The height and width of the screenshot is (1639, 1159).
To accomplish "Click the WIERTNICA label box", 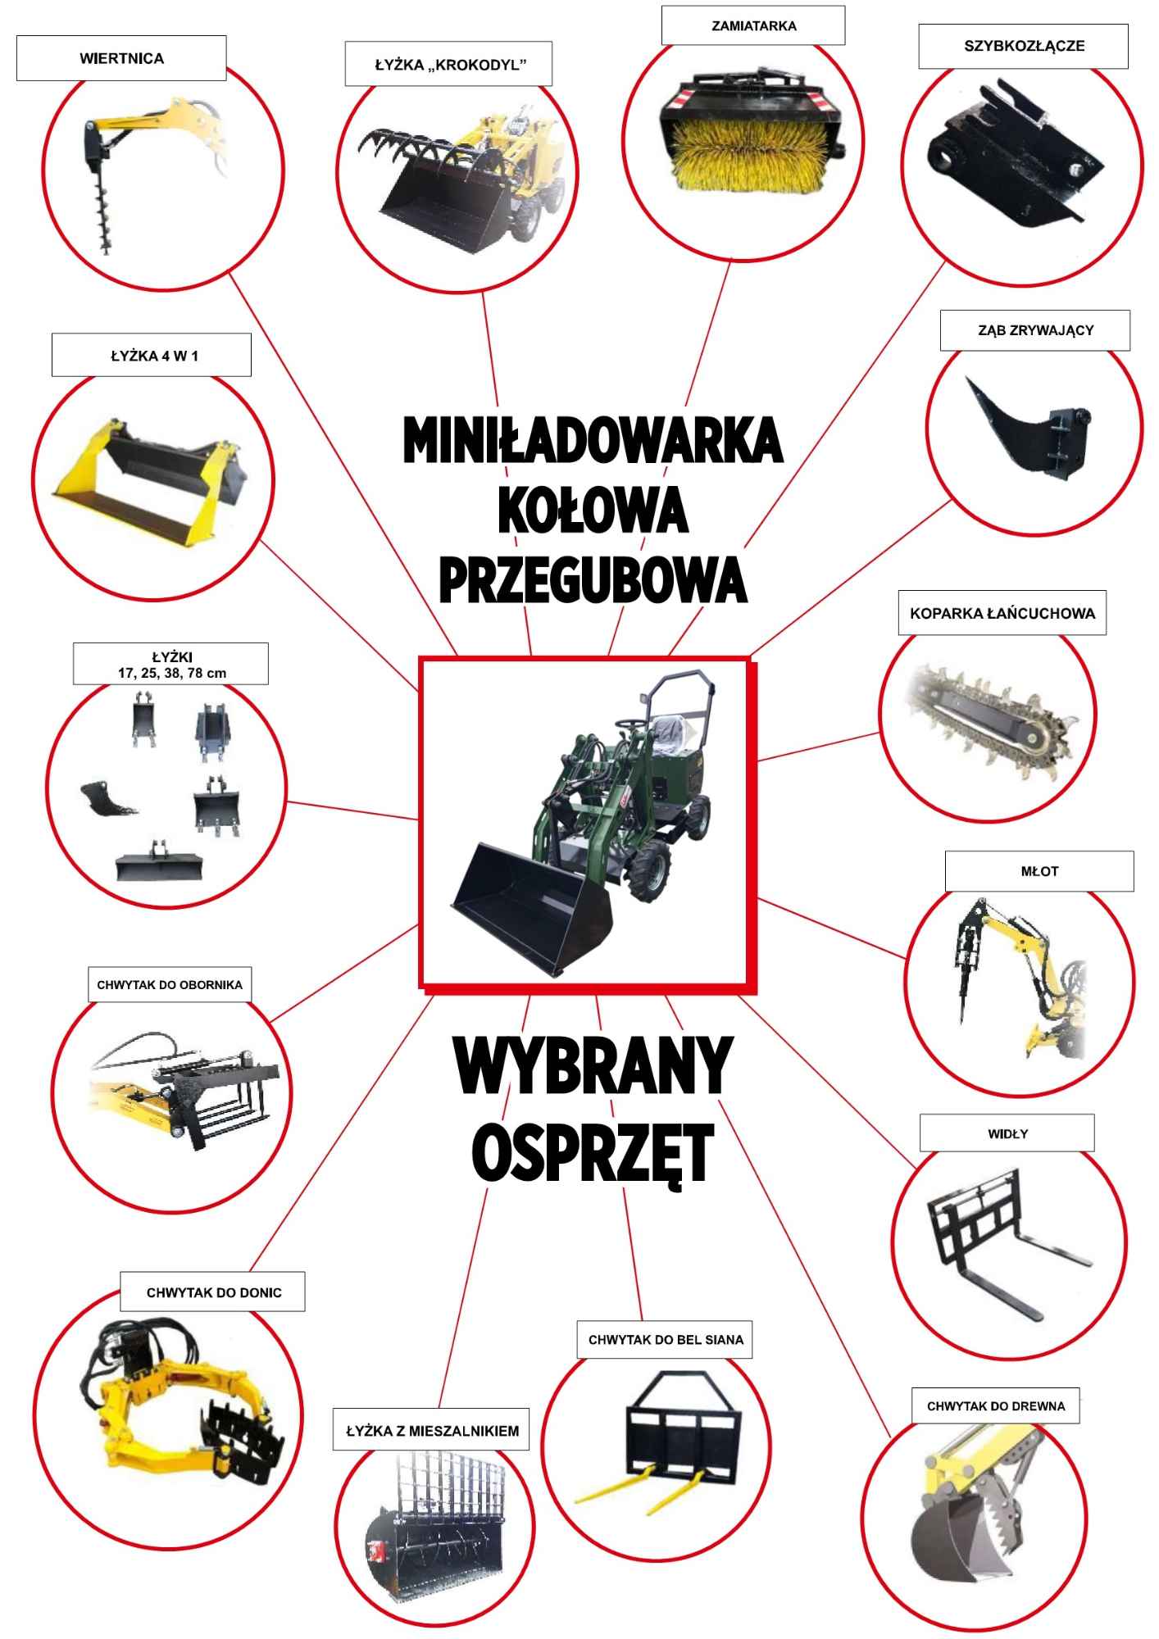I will click(121, 59).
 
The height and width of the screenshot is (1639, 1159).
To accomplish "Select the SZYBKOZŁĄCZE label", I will click(1023, 47).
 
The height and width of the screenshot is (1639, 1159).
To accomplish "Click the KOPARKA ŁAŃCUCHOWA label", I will click(1002, 613).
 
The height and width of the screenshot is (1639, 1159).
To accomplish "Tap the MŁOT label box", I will click(1039, 871).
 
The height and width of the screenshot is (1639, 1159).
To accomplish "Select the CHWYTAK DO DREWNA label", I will click(996, 1406).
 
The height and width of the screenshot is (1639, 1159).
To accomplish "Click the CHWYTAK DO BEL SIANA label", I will click(665, 1340).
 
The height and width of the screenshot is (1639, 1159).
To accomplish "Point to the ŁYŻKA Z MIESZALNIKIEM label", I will click(431, 1431).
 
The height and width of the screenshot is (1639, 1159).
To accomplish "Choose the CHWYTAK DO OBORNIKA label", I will click(170, 984).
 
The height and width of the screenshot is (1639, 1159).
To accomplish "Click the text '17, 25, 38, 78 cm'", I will click(171, 674).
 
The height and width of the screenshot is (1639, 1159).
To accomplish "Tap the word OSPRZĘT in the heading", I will click(593, 1151).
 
